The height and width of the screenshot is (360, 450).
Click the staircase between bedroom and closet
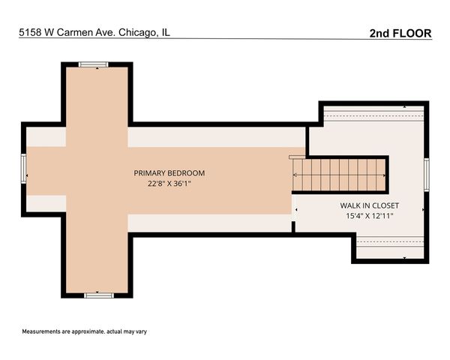[x=339, y=174]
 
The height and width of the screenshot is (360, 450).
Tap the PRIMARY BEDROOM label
[x=169, y=173]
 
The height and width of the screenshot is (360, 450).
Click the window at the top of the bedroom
[x=94, y=65]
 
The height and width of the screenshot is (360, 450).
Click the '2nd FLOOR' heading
[x=400, y=33]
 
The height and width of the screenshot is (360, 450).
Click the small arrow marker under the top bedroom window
[x=94, y=70]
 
